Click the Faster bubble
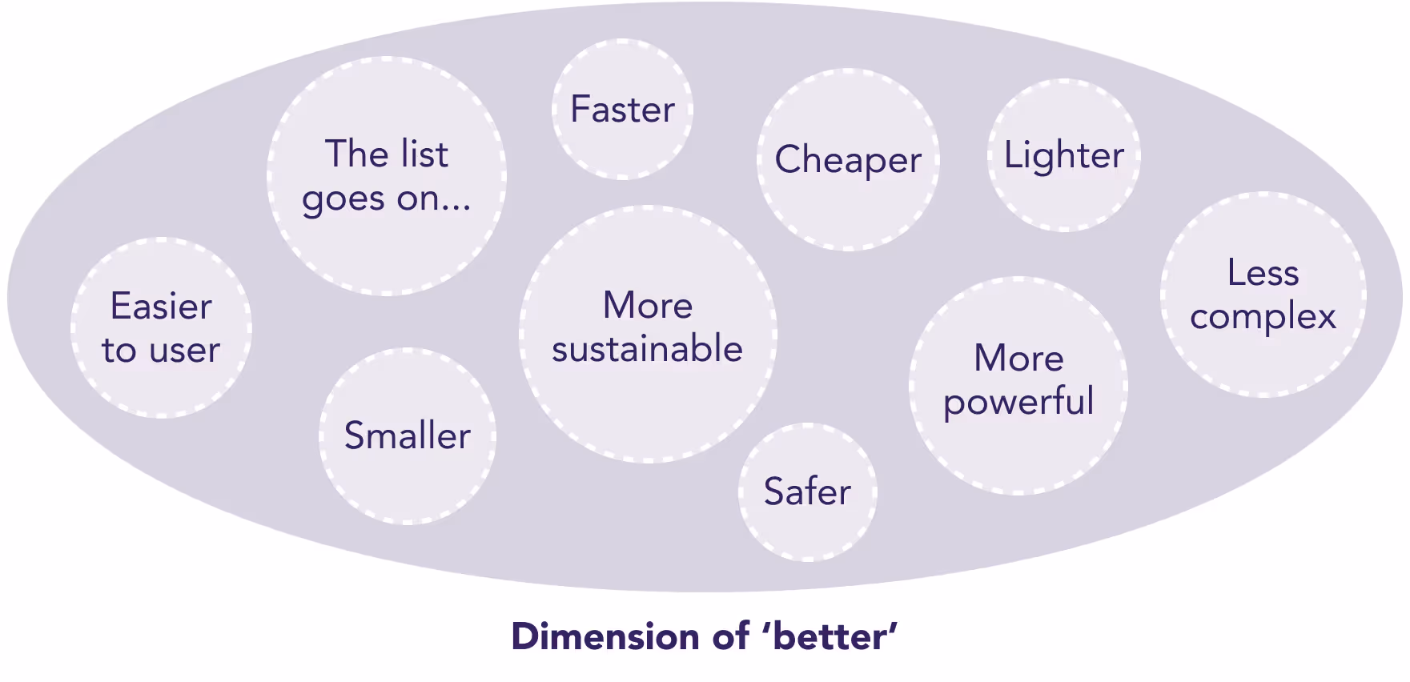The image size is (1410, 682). tap(622, 109)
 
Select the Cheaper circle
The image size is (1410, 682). tap(848, 159)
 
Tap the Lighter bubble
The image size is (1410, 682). tap(1063, 155)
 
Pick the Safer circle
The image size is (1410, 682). tap(807, 491)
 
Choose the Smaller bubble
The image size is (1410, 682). tap(408, 436)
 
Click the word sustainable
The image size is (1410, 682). tap(647, 349)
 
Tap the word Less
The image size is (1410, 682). tap(1263, 273)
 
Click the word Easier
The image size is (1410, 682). tap(161, 307)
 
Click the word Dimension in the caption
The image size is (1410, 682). tap(606, 637)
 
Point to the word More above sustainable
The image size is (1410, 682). tap(648, 305)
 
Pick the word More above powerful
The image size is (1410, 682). tap(1018, 358)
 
